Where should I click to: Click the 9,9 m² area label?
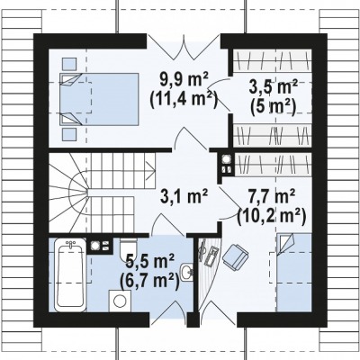click(184, 80)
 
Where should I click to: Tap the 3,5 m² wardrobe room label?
click(274, 87)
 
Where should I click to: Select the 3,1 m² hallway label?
click(184, 197)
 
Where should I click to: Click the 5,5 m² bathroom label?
click(150, 262)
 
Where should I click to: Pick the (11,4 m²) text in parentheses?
click(184, 99)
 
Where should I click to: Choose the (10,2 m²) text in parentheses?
click(272, 216)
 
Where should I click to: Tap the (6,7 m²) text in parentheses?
click(149, 281)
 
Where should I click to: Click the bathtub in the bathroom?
click(70, 275)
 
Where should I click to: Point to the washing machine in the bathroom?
click(120, 301)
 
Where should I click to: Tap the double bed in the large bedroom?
click(99, 99)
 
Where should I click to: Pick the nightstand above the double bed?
click(69, 64)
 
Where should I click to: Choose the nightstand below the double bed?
click(69, 134)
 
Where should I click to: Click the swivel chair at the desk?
click(236, 255)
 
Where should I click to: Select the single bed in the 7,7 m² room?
click(294, 273)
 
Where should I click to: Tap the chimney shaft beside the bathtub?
click(100, 247)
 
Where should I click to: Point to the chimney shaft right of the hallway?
click(227, 165)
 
